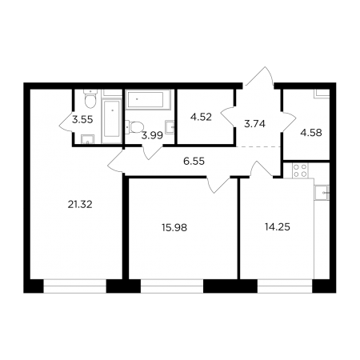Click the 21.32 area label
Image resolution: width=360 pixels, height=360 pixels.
click(x=80, y=205)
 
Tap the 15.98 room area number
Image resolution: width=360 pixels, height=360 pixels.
click(x=174, y=227)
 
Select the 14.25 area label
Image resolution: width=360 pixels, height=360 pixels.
click(x=278, y=227)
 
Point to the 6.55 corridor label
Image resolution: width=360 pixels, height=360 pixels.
click(x=194, y=161)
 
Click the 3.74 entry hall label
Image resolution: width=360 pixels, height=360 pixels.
click(x=254, y=124)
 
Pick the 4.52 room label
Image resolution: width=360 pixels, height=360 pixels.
click(x=201, y=117)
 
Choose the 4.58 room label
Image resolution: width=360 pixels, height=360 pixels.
click(x=311, y=133)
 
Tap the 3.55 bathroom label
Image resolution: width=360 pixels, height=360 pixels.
click(x=82, y=120)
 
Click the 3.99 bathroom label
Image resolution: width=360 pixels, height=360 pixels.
click(x=152, y=136)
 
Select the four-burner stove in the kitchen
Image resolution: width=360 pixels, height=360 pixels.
click(x=300, y=170)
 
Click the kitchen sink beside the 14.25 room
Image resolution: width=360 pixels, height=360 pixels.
click(x=322, y=193)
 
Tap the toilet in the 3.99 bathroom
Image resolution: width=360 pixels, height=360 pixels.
click(x=134, y=126)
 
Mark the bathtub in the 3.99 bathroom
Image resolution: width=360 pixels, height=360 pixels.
click(x=148, y=100)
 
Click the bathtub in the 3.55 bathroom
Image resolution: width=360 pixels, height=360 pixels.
click(x=112, y=121)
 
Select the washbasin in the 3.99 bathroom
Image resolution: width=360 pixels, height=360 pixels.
click(x=170, y=127)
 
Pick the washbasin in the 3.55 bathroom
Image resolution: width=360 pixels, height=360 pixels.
click(x=88, y=139)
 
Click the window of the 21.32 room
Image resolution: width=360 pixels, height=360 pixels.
click(x=75, y=286)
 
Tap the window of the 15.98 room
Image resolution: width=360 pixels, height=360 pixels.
click(x=172, y=286)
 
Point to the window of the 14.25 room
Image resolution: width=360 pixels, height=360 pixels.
click(x=285, y=286)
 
